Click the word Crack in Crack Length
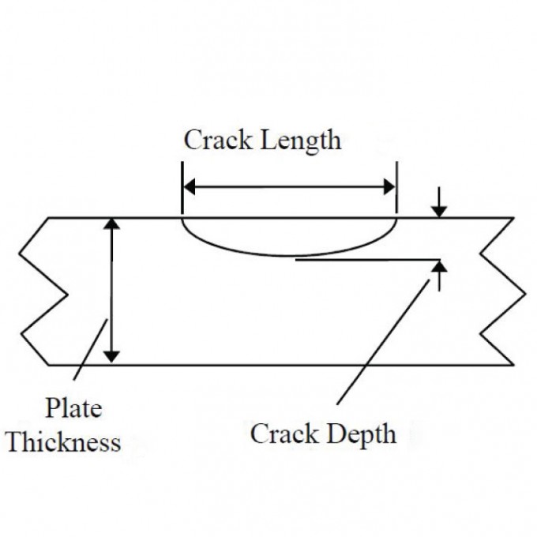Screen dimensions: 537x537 click(x=210, y=141)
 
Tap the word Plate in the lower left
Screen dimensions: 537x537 click(x=73, y=409)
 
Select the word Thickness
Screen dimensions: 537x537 click(x=64, y=441)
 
